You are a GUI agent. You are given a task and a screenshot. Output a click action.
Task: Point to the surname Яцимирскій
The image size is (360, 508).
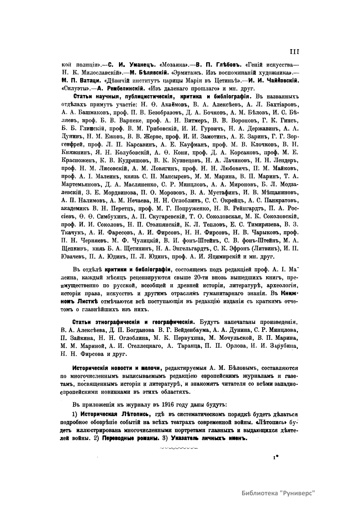pyautogui.click(x=219, y=256)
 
